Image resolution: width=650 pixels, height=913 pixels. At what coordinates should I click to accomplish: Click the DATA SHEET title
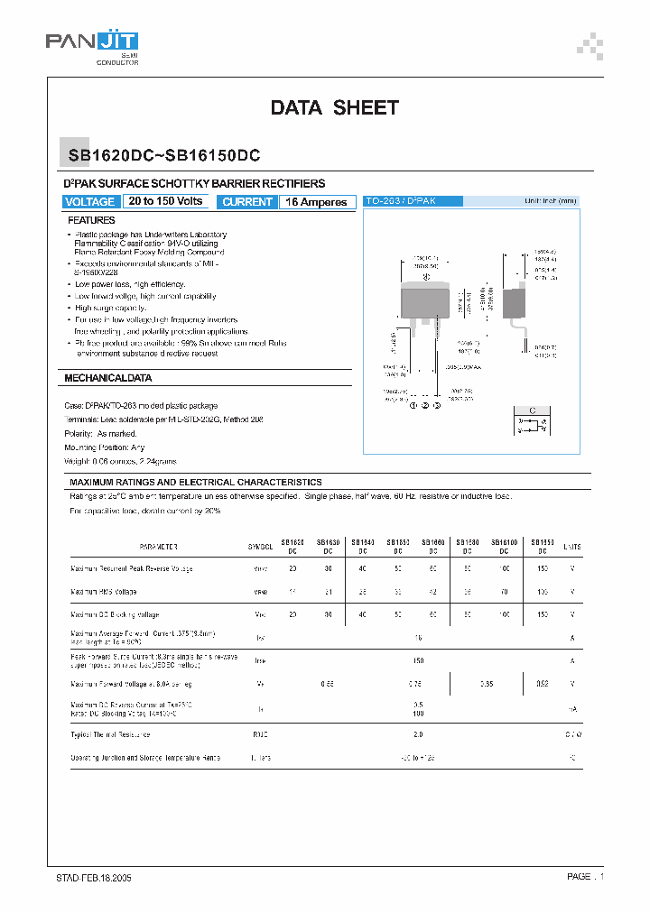click(x=334, y=108)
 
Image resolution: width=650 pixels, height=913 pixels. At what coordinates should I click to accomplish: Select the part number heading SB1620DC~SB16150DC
click(x=165, y=155)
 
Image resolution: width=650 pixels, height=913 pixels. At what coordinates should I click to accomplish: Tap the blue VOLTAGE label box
click(x=90, y=202)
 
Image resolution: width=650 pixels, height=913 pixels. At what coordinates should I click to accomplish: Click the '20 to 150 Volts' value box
click(x=166, y=202)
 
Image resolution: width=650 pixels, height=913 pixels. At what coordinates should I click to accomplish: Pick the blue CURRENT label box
click(x=247, y=202)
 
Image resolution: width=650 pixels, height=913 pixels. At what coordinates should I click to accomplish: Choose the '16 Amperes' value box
click(x=316, y=202)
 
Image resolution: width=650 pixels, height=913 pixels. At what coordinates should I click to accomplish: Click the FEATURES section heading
click(x=91, y=220)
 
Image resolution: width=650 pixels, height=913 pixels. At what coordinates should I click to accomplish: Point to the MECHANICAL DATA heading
click(x=108, y=378)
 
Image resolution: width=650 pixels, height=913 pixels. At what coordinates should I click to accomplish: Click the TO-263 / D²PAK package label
click(x=400, y=201)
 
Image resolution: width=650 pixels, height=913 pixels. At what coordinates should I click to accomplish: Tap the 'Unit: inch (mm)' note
click(x=550, y=201)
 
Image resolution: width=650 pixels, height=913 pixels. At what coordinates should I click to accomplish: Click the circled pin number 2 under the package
click(x=425, y=407)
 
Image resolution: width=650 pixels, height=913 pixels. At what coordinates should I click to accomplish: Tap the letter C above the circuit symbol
click(x=533, y=410)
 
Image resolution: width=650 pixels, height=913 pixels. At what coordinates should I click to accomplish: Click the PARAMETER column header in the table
click(x=158, y=548)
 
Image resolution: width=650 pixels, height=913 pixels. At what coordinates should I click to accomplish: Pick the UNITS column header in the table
click(x=572, y=548)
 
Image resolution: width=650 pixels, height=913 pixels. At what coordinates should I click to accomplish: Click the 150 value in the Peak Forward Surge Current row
click(x=417, y=659)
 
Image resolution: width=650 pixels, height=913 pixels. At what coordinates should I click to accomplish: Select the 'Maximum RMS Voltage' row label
click(x=104, y=592)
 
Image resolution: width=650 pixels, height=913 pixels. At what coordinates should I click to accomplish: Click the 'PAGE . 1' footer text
click(x=585, y=877)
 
